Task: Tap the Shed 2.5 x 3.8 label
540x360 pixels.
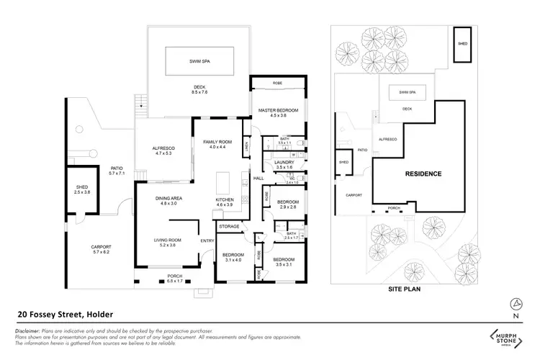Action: (x=81, y=189)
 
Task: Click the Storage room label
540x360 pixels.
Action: (x=229, y=226)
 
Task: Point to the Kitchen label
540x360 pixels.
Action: (x=225, y=202)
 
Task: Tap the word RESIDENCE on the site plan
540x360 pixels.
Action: (x=423, y=174)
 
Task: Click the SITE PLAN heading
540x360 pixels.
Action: (x=403, y=289)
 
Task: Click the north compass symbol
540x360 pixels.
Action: (x=514, y=302)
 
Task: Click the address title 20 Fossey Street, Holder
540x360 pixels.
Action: (x=64, y=314)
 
